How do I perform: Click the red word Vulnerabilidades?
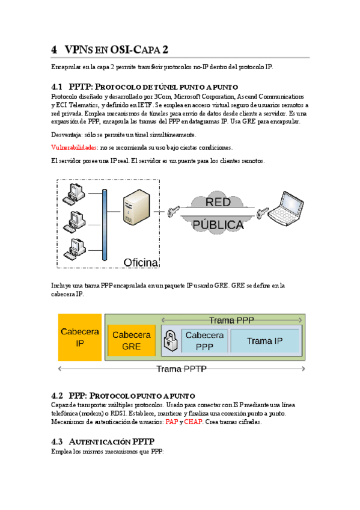(x=74, y=148)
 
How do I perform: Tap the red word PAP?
(x=171, y=422)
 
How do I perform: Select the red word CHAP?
(x=194, y=422)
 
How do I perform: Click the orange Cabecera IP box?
(x=80, y=337)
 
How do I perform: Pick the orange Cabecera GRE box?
(x=132, y=340)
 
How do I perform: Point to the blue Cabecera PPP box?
(x=205, y=340)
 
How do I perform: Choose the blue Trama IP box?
(x=264, y=340)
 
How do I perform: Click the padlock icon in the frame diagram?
(x=171, y=341)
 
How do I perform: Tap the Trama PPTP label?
(x=182, y=369)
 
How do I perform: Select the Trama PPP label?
(x=231, y=321)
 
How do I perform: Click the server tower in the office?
(x=136, y=207)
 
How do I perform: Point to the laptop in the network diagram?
(x=285, y=209)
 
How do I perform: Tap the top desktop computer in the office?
(x=75, y=194)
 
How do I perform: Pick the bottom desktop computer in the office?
(x=75, y=249)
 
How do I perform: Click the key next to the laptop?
(x=263, y=213)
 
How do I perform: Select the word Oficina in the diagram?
(x=141, y=262)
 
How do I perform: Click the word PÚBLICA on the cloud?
(x=218, y=225)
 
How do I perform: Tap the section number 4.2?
(x=57, y=396)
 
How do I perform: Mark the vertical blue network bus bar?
(x=105, y=225)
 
